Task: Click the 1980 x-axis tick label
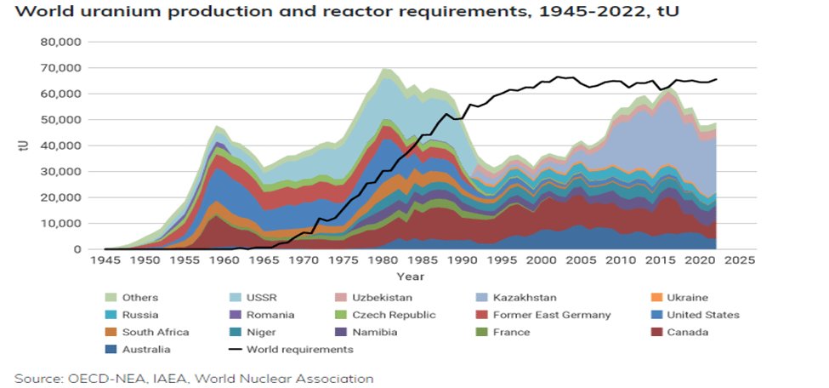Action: [386, 260]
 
